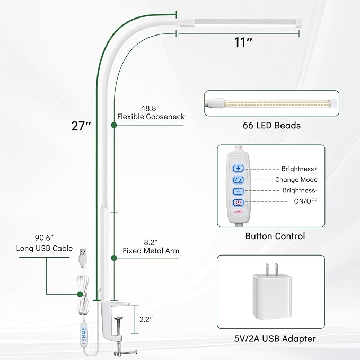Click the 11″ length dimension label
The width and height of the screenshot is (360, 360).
coord(243,42)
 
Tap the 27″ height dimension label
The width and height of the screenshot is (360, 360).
coord(81,126)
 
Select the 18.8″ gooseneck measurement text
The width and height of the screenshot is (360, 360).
coord(151,108)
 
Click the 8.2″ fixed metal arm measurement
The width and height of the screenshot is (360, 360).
coord(151,242)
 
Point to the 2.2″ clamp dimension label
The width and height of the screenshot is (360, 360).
coord(146,319)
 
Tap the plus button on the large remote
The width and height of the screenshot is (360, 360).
coord(238,168)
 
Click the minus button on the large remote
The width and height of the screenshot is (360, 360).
coord(238,191)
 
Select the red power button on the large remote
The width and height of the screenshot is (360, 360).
coord(238,203)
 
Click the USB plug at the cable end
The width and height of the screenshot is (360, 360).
coord(83,257)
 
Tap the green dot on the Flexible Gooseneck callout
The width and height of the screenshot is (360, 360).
coord(113,125)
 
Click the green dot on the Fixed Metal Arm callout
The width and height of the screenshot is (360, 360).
coord(113,258)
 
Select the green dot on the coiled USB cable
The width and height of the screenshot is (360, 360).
coord(80,294)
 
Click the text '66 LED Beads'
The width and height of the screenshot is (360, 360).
coord(271,125)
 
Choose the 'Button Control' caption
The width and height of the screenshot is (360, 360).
coord(275,236)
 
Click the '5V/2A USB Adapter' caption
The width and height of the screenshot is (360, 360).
coord(275,339)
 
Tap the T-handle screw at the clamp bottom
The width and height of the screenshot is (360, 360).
coord(125,352)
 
